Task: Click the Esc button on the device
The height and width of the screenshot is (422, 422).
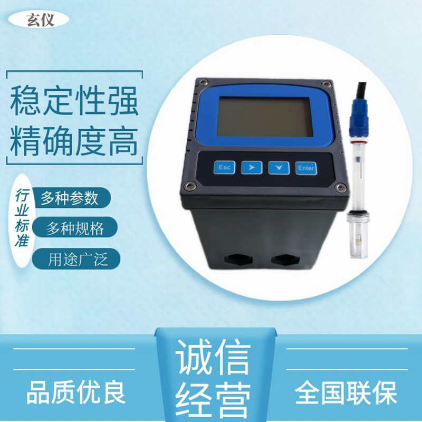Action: coord(225,168)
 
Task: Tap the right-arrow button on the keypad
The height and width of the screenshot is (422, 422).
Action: coord(252,168)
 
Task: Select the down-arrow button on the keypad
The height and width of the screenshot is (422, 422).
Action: coord(279,168)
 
